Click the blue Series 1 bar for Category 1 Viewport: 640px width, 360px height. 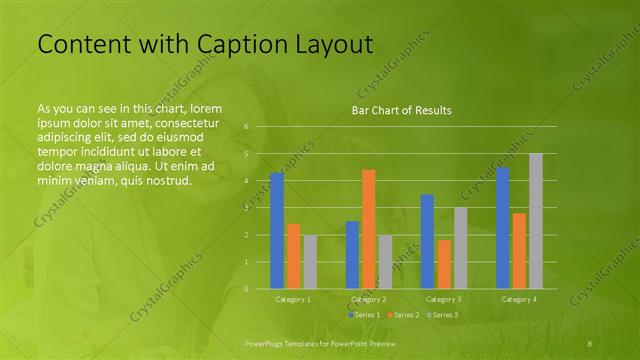[277, 231]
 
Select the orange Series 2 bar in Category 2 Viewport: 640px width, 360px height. [369, 229]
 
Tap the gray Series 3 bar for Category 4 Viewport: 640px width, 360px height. [536, 221]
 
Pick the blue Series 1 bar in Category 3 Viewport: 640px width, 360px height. [427, 241]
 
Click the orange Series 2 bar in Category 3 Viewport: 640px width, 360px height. [444, 264]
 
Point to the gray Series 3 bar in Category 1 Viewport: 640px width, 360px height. [310, 262]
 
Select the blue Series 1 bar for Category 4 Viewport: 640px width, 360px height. [503, 228]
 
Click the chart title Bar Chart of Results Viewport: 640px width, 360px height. [401, 110]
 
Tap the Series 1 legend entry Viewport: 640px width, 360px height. [363, 315]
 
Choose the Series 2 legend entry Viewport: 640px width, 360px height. [403, 315]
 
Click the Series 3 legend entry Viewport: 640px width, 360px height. [443, 315]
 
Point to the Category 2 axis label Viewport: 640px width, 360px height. [369, 299]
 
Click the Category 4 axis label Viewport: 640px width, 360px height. [519, 299]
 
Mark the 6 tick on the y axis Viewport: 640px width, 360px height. [246, 127]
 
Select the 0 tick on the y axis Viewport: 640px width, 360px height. [246, 289]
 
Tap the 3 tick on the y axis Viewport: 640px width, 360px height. [246, 208]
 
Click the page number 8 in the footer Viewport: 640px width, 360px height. [589, 343]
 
